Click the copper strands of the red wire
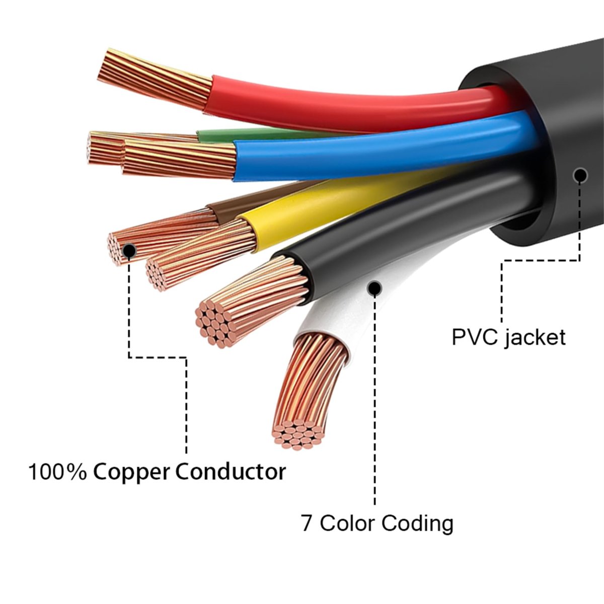156,78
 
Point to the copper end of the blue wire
176,159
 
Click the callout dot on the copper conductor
129,250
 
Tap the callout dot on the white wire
374,288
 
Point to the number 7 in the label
307,523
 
